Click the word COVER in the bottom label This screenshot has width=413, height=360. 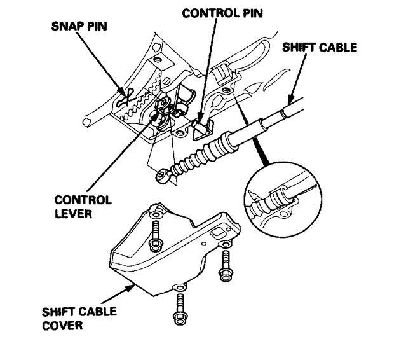(x=60, y=327)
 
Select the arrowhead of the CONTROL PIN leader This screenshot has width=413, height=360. (x=199, y=117)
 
